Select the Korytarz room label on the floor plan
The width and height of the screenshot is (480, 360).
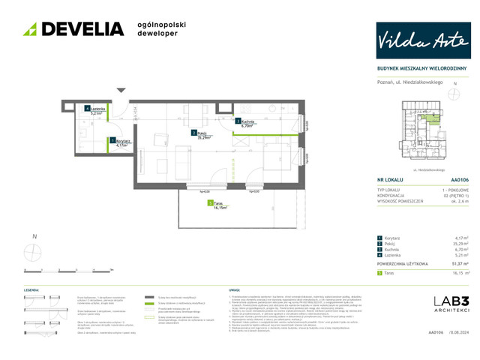click(123, 142)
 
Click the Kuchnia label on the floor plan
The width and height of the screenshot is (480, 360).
click(248, 124)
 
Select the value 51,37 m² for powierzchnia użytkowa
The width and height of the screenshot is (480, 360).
click(459, 264)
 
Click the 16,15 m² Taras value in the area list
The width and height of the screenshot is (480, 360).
click(459, 274)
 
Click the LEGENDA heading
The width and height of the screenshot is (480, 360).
click(31, 289)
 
